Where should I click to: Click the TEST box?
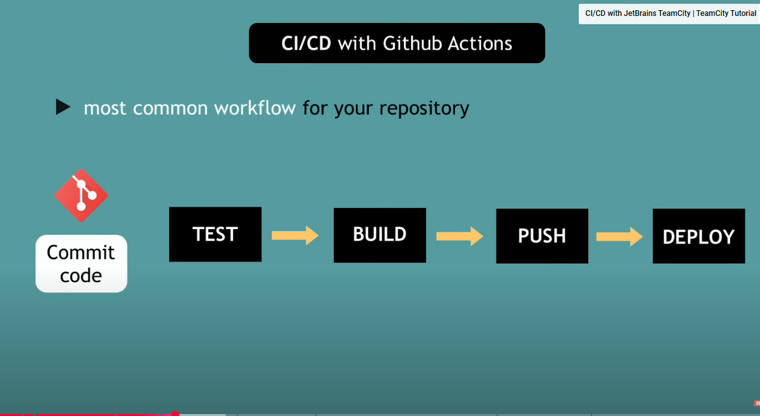pyautogui.click(x=215, y=234)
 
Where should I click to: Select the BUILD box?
pyautogui.click(x=380, y=235)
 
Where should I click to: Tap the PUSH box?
pyautogui.click(x=542, y=236)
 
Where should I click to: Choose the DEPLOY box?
pyautogui.click(x=699, y=236)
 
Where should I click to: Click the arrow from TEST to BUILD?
pyautogui.click(x=295, y=235)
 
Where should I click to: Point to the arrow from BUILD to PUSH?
pyautogui.click(x=459, y=236)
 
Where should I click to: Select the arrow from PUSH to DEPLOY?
pyautogui.click(x=620, y=237)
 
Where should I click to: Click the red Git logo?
pyautogui.click(x=81, y=195)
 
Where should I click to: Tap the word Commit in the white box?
pyautogui.click(x=81, y=253)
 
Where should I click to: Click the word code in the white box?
pyautogui.click(x=81, y=276)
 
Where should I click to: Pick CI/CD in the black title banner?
pyautogui.click(x=306, y=43)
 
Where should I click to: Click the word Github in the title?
pyautogui.click(x=412, y=43)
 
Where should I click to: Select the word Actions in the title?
pyautogui.click(x=480, y=43)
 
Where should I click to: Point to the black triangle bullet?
pyautogui.click(x=63, y=107)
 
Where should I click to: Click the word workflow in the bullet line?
pyautogui.click(x=255, y=108)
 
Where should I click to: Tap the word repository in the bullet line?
pyautogui.click(x=424, y=108)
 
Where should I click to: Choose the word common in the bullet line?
pyautogui.click(x=170, y=108)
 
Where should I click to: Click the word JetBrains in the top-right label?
pyautogui.click(x=657, y=13)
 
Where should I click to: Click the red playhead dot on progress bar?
pyautogui.click(x=175, y=414)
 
